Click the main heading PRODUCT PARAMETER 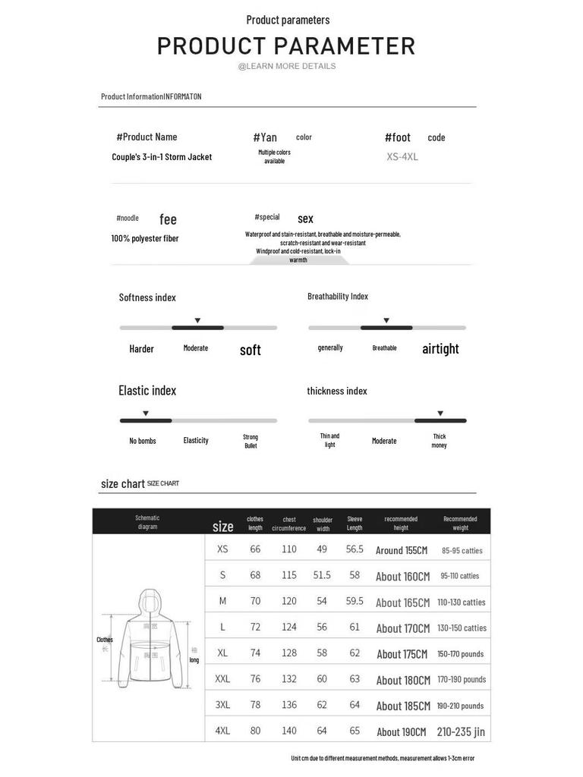pyautogui.click(x=286, y=46)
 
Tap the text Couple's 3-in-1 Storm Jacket pyautogui.click(x=162, y=157)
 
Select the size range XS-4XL pyautogui.click(x=402, y=157)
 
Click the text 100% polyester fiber pyautogui.click(x=145, y=238)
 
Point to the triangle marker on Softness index pyautogui.click(x=197, y=321)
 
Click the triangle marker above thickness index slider pyautogui.click(x=440, y=414)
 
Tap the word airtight pyautogui.click(x=440, y=349)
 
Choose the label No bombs pyautogui.click(x=142, y=441)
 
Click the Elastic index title pyautogui.click(x=147, y=391)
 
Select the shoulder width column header pyautogui.click(x=323, y=524)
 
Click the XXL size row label pyautogui.click(x=222, y=679)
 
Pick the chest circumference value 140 pyautogui.click(x=289, y=731)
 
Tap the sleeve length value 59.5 pyautogui.click(x=355, y=601)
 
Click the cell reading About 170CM pyautogui.click(x=403, y=628)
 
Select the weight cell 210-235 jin pyautogui.click(x=461, y=731)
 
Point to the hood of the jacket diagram pyautogui.click(x=150, y=602)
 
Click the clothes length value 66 pyautogui.click(x=255, y=549)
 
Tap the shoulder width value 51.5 pyautogui.click(x=322, y=575)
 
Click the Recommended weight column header pyautogui.click(x=460, y=523)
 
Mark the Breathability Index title pyautogui.click(x=338, y=297)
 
